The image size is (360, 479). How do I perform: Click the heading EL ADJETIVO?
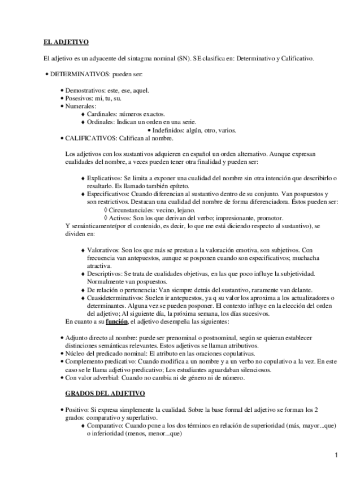(66, 42)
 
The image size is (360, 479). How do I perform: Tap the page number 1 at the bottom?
(336, 455)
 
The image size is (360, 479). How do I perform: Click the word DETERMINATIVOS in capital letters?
(80, 74)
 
